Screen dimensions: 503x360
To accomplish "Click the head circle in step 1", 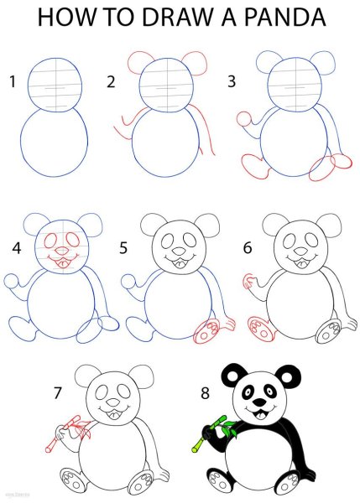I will point(56,84).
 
